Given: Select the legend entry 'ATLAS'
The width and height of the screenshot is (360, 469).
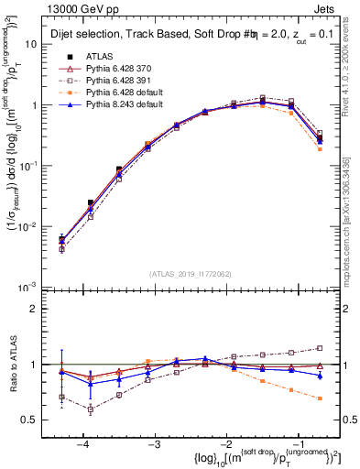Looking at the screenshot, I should point(100,56).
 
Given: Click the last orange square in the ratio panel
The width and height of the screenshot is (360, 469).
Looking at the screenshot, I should point(320,398).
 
